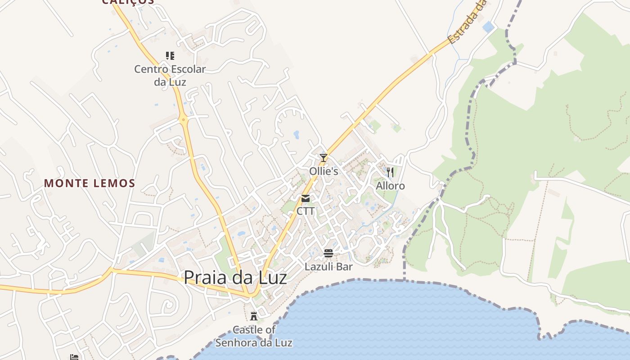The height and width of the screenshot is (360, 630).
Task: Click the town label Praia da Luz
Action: [235, 277]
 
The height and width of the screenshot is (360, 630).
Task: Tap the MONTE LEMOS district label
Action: [90, 183]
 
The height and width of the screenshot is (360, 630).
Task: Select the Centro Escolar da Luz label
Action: [170, 76]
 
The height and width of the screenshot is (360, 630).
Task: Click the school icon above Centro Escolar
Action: [170, 56]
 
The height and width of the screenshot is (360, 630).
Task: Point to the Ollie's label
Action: [324, 171]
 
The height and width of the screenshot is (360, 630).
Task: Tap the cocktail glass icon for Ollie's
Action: [324, 157]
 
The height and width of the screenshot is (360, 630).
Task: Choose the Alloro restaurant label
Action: [390, 186]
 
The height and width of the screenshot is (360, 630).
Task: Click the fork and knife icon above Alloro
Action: [390, 172]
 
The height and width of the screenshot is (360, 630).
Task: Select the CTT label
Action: [306, 211]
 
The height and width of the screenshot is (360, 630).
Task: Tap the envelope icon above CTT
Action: [306, 198]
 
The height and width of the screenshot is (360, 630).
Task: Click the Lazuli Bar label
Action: [328, 266]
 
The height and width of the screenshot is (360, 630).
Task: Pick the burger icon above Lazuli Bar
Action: [328, 253]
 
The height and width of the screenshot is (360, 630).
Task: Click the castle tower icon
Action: [254, 316]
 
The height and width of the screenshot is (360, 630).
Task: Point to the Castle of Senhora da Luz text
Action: [254, 336]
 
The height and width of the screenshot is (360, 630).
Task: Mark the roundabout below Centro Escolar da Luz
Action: [183, 120]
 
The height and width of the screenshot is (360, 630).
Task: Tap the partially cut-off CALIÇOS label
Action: [128, 2]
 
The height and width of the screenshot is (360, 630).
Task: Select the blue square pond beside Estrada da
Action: [488, 27]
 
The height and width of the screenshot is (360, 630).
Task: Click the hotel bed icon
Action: [74, 357]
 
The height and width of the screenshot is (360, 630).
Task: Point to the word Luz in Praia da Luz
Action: [270, 277]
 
